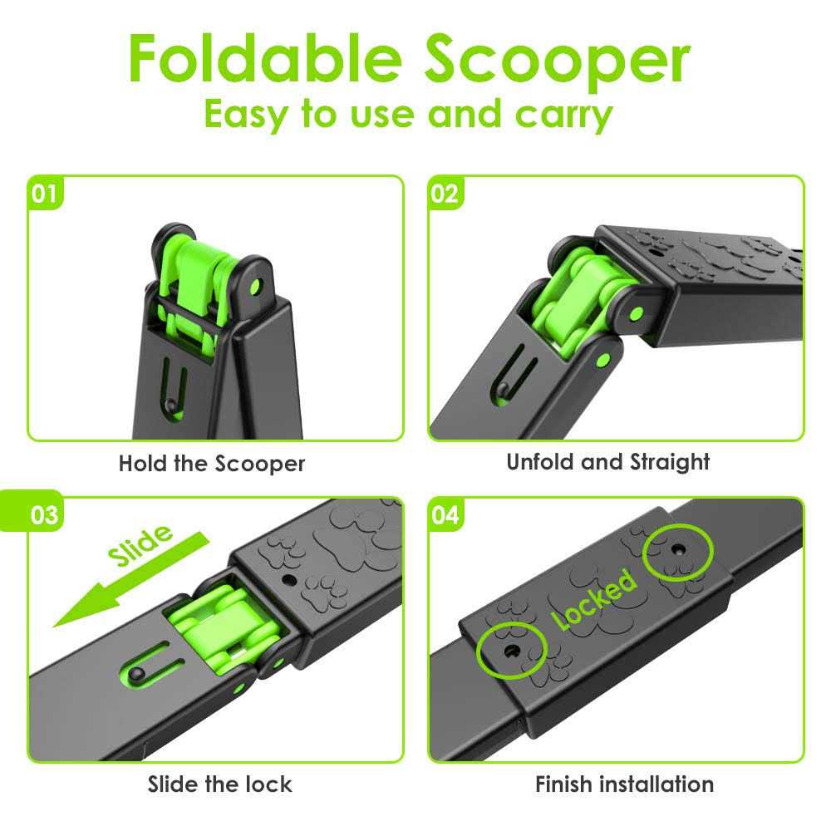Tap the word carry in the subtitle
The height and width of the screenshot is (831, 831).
[x=564, y=114]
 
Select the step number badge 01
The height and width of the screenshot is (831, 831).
[x=45, y=194]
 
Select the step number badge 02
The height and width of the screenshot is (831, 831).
[x=445, y=194]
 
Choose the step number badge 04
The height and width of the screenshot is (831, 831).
[x=445, y=515]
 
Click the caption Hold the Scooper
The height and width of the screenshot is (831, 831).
[x=212, y=463]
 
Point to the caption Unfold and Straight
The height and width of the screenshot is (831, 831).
[x=608, y=462]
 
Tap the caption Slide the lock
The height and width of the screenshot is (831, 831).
[x=220, y=783]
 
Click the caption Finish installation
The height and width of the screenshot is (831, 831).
[x=624, y=783]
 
